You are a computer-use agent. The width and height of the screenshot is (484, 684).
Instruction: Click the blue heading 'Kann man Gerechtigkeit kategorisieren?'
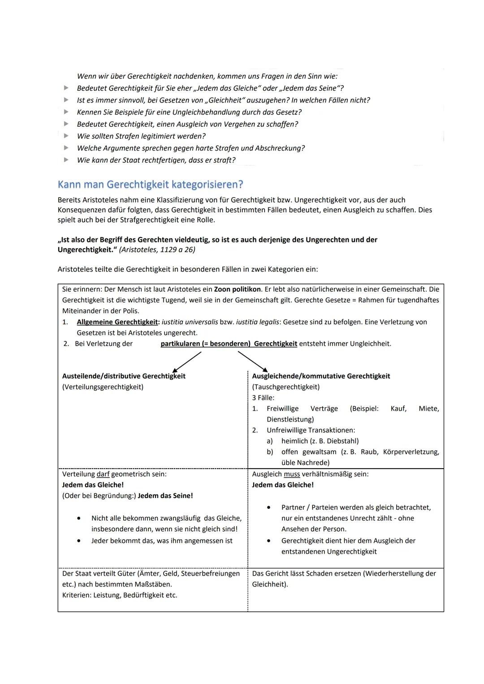(150, 185)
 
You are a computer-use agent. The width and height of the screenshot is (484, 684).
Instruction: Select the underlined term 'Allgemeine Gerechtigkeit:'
(118, 322)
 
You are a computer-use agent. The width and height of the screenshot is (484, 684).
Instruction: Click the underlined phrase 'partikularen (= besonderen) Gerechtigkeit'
(229, 344)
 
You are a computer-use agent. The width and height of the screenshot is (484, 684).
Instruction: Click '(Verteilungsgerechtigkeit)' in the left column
(103, 387)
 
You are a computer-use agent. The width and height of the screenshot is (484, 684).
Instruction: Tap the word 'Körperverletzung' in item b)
(411, 452)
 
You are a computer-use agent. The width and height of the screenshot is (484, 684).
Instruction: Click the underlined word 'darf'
(103, 474)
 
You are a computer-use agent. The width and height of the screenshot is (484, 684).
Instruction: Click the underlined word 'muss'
(292, 474)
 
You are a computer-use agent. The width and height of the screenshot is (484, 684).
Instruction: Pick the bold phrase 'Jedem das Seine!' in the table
(165, 496)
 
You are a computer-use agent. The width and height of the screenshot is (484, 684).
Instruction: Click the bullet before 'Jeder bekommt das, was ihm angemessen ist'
(78, 541)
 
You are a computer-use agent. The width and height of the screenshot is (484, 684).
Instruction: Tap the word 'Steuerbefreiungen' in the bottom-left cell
(210, 574)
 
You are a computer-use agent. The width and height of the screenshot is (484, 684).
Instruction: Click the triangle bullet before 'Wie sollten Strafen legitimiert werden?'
(66, 136)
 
